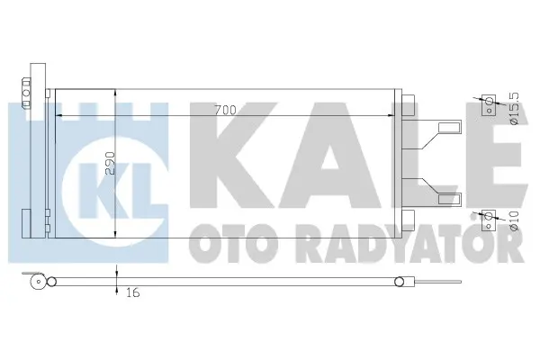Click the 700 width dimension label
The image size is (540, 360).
click(225, 110)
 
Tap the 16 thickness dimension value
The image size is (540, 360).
click(133, 292)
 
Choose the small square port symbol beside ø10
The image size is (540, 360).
click(490, 216)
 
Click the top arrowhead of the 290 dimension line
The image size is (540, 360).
click(117, 94)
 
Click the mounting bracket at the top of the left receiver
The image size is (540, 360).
click(37, 74)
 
